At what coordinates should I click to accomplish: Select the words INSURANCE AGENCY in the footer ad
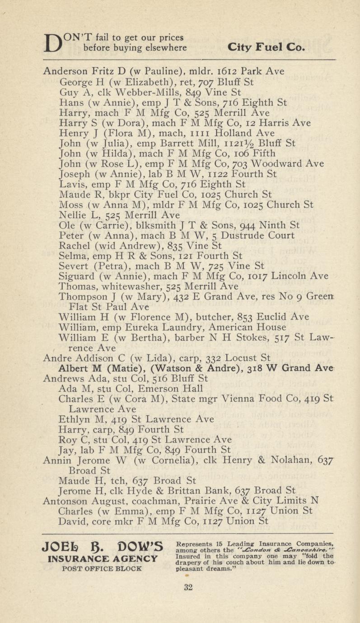tap(99, 559)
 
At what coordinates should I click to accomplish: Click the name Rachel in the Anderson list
tap(75, 246)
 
